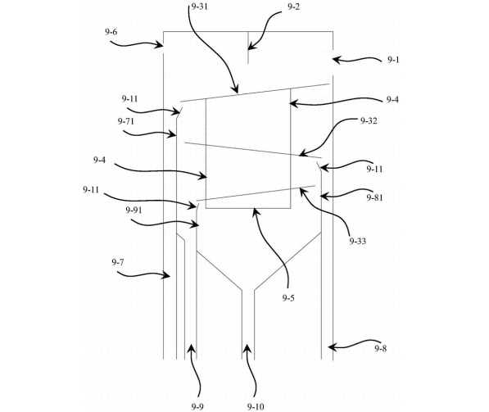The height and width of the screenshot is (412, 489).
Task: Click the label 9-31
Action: pyautogui.click(x=199, y=7)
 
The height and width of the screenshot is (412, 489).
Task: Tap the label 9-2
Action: pyautogui.click(x=293, y=7)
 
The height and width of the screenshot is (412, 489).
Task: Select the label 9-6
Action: pyautogui.click(x=111, y=32)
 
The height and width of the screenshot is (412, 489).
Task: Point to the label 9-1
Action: pyautogui.click(x=393, y=60)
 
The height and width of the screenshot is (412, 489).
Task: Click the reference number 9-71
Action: pyautogui.click(x=126, y=121)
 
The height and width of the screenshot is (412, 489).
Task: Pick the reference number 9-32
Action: pyautogui.click(x=369, y=120)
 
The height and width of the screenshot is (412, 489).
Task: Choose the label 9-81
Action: pyautogui.click(x=374, y=197)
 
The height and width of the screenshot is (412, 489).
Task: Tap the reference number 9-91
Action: pyautogui.click(x=134, y=211)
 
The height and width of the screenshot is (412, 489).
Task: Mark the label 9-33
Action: pyautogui.click(x=358, y=241)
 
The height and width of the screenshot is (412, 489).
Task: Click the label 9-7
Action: pyautogui.click(x=118, y=262)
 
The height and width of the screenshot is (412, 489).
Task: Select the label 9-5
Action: pyautogui.click(x=288, y=298)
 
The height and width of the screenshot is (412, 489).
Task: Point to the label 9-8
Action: pyautogui.click(x=381, y=348)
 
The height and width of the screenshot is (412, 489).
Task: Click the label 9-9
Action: pyautogui.click(x=197, y=407)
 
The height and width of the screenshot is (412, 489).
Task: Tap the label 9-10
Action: pyautogui.click(x=256, y=407)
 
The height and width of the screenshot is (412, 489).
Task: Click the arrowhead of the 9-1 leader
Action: pyautogui.click(x=333, y=59)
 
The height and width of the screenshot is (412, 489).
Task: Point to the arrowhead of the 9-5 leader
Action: pyautogui.click(x=254, y=209)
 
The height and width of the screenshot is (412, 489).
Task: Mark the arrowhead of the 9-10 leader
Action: pyautogui.click(x=247, y=344)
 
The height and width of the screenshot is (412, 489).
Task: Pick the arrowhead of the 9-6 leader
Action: pyautogui.click(x=163, y=45)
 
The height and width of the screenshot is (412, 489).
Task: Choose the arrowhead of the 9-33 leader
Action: pyautogui.click(x=301, y=188)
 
